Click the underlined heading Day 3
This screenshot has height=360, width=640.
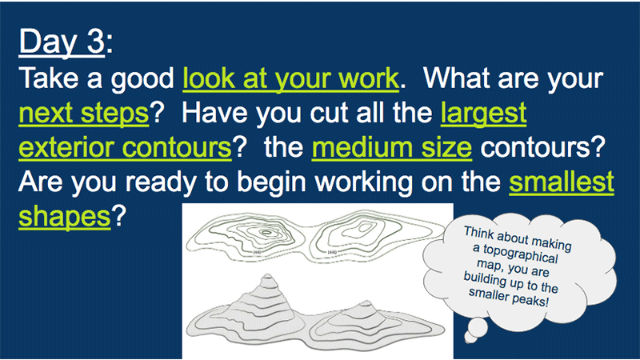pyautogui.click(x=62, y=42)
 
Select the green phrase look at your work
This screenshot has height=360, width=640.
pyautogui.click(x=290, y=78)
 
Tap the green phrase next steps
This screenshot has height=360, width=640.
pyautogui.click(x=84, y=114)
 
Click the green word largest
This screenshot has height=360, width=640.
pyautogui.click(x=483, y=114)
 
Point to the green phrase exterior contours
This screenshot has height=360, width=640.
pyautogui.click(x=125, y=147)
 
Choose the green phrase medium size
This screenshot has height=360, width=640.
pyautogui.click(x=392, y=147)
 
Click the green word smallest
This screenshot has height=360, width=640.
pyautogui.click(x=562, y=182)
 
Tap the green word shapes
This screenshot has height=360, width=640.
pyautogui.click(x=65, y=217)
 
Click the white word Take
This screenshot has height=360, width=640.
pyautogui.click(x=49, y=78)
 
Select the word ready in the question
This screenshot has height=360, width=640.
pyautogui.click(x=161, y=183)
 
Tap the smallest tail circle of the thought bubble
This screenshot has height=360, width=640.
pyautogui.click(x=470, y=338)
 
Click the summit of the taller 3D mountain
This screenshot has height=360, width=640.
pyautogui.click(x=267, y=274)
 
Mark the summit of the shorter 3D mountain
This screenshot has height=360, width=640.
pyautogui.click(x=366, y=303)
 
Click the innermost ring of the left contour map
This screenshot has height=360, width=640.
pyautogui.click(x=266, y=233)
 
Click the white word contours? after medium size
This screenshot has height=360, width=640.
pyautogui.click(x=543, y=148)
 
